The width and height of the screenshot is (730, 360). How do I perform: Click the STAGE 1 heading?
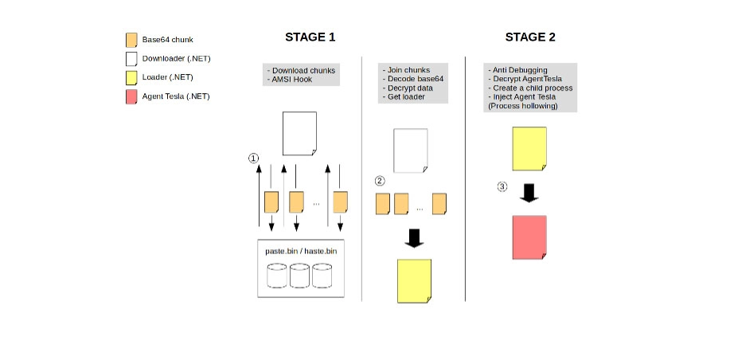coord(310,37)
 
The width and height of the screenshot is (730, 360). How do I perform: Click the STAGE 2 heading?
coord(530,37)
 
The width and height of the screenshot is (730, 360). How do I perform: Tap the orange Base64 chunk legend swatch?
coord(131,40)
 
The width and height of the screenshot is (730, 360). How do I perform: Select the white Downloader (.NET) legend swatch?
coord(131,58)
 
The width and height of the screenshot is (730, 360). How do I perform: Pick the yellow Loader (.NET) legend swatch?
coord(131,77)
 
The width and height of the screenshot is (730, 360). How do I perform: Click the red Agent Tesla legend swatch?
coord(131,96)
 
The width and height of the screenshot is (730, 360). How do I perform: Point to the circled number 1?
coord(253,158)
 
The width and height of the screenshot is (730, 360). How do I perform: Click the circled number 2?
coord(380,181)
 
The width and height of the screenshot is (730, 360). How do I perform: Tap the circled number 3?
coord(502,187)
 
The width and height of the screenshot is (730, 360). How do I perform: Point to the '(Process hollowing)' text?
coord(521,105)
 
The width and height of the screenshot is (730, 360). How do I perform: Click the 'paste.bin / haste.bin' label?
coord(301,251)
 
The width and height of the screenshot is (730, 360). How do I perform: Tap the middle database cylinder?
coord(300,276)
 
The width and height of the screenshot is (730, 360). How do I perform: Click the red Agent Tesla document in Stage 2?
coord(529,237)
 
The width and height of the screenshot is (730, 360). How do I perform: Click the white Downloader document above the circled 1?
coord(299,134)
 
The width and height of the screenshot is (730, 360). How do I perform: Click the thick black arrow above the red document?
coord(529,194)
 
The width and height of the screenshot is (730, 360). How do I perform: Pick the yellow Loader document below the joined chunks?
coord(415,280)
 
